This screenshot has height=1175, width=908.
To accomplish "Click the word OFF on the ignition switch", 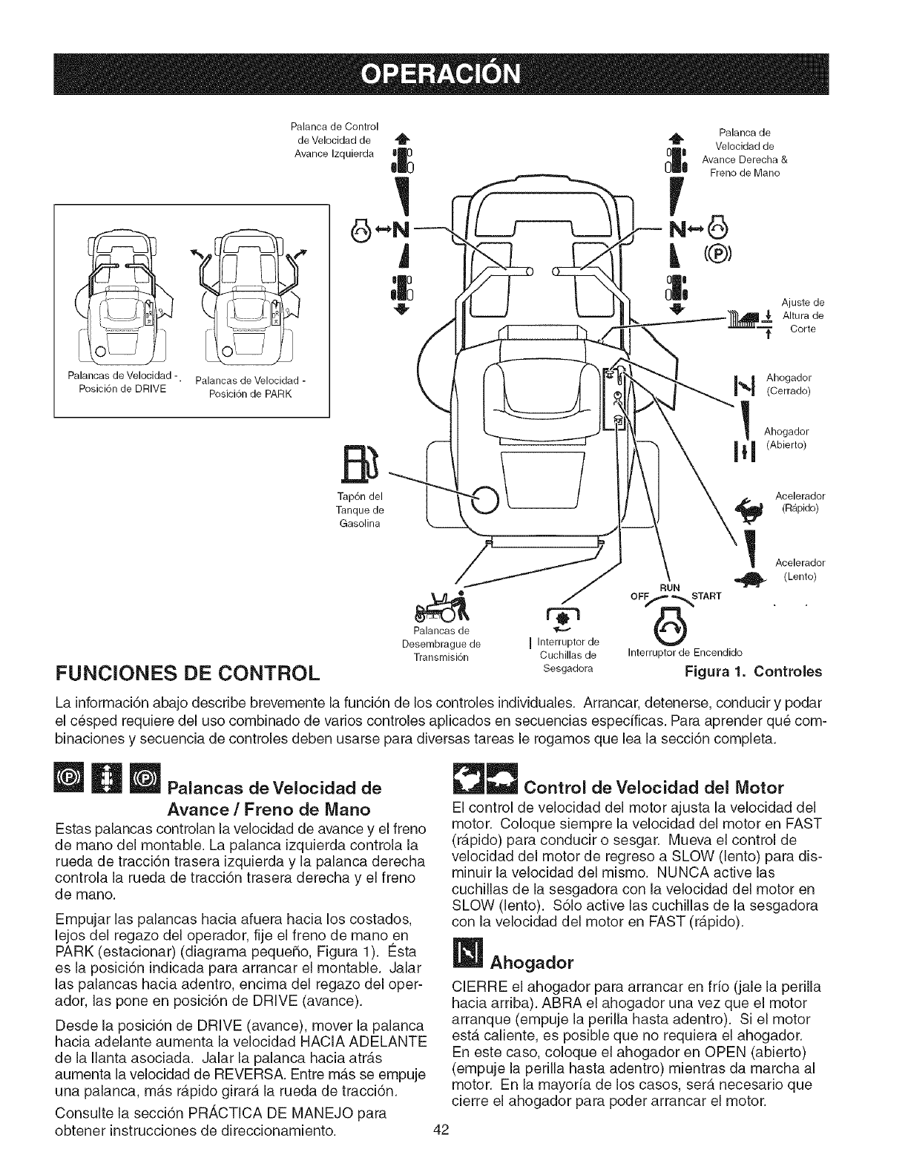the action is (x=639, y=595).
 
